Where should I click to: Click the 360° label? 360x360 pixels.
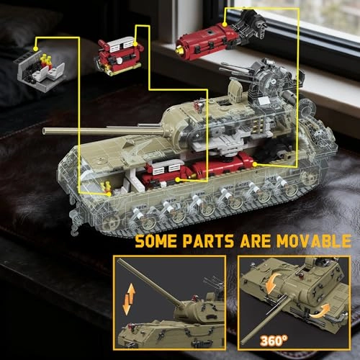pyautogui.click(x=274, y=341)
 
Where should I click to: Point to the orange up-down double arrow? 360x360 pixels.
pyautogui.click(x=129, y=299)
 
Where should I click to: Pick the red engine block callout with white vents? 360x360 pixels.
pyautogui.click(x=120, y=56)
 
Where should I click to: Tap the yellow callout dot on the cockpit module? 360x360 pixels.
pyautogui.click(x=35, y=49)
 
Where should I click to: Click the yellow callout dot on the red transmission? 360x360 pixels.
pyautogui.click(x=225, y=24)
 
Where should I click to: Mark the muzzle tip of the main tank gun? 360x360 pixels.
pyautogui.click(x=44, y=131)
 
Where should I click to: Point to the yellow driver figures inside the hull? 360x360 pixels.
pyautogui.click(x=106, y=187)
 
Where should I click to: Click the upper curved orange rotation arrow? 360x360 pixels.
pyautogui.click(x=272, y=284)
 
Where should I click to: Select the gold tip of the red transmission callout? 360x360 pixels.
pyautogui.click(x=179, y=50)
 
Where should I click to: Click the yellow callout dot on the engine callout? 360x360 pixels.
pyautogui.click(x=135, y=44)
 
